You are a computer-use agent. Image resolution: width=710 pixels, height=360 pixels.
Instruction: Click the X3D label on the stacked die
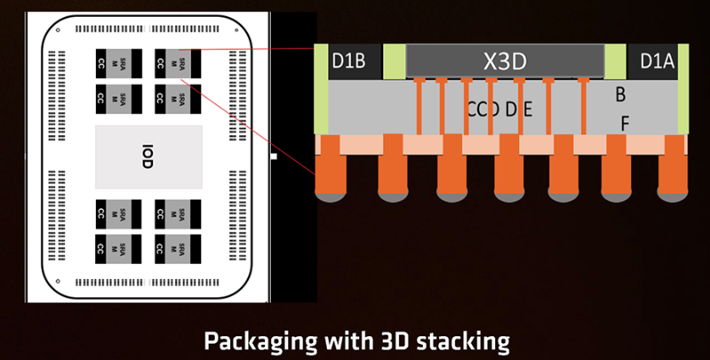click(x=504, y=61)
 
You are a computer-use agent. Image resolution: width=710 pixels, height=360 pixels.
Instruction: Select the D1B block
click(x=348, y=61)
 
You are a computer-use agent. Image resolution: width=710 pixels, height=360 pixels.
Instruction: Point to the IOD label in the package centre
click(x=148, y=157)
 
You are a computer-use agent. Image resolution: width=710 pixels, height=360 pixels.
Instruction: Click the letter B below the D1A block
click(x=621, y=94)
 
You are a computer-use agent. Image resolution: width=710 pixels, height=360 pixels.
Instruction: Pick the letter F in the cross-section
click(x=625, y=123)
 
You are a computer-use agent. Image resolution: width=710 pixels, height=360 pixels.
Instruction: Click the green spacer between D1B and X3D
click(x=395, y=61)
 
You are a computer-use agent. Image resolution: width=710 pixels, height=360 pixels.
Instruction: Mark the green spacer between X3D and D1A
click(x=615, y=61)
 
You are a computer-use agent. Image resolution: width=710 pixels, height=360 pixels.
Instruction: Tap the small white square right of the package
click(x=273, y=157)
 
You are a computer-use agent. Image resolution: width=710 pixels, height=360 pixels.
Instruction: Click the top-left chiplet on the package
click(x=112, y=64)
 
